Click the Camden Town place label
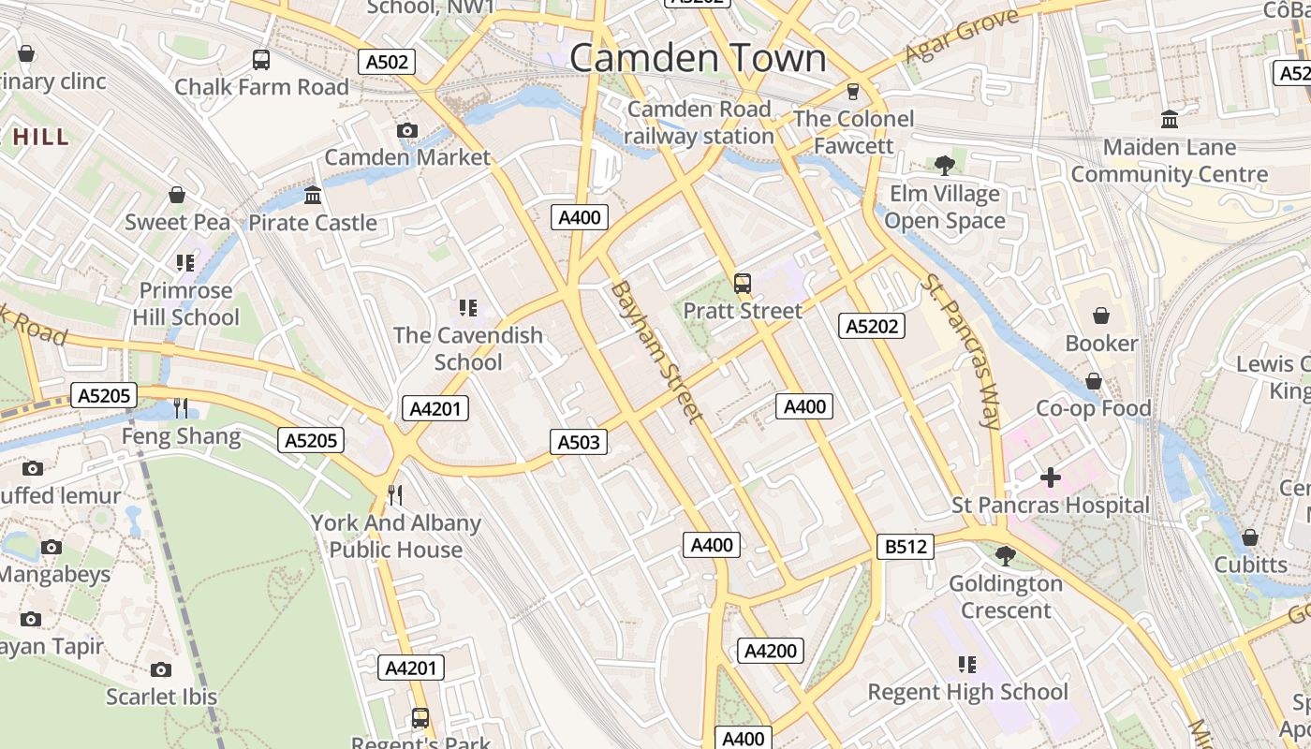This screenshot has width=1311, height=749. pos(698,58)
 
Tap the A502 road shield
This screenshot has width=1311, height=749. pos(386,62)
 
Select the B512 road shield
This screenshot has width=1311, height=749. pos(906,547)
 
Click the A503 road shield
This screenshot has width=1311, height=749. pos(578,442)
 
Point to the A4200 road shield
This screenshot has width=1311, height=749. pos(770,651)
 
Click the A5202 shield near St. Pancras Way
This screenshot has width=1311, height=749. pos(872,326)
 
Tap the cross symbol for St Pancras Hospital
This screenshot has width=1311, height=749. pos(1051,477)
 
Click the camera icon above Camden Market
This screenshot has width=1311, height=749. pos(406,130)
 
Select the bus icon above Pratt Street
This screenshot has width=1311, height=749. pos(743,283)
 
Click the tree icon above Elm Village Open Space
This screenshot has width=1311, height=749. pos(945,166)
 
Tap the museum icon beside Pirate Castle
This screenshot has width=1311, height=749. pos(313,196)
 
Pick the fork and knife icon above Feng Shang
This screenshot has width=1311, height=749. pos(181,407)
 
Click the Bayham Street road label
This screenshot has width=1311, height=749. pos(655,351)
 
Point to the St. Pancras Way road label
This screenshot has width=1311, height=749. pos(961,350)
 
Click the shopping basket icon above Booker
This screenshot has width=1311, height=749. pos(1100,316)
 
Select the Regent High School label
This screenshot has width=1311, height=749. pos(967,692)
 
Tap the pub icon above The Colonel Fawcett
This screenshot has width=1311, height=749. pos(852,92)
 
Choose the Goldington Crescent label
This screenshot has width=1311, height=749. pos(1006,596)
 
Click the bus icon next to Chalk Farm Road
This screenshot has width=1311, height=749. pos(261,60)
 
